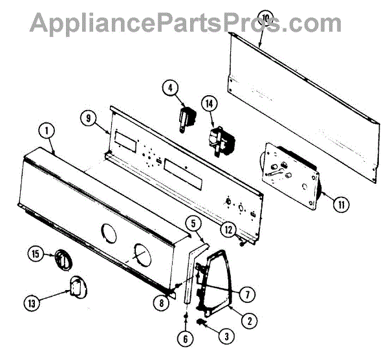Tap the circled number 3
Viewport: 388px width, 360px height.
pyautogui.click(x=226, y=335)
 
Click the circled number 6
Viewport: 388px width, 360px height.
pyautogui.click(x=186, y=337)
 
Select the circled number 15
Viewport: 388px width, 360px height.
pyautogui.click(x=37, y=254)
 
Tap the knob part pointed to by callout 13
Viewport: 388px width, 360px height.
pyautogui.click(x=78, y=286)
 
